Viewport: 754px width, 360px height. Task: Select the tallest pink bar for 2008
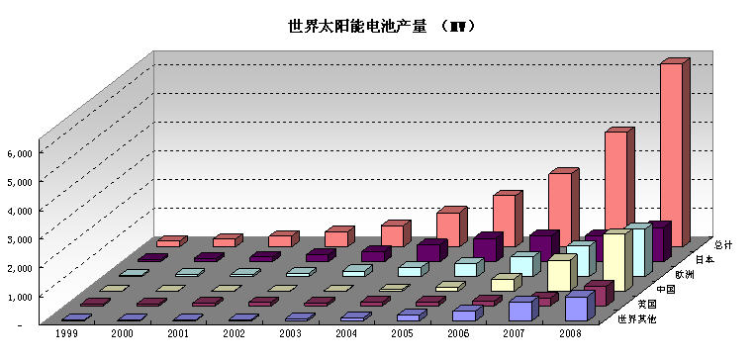point(670,148)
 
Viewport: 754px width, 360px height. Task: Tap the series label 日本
point(705,258)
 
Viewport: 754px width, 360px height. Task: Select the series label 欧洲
point(686,273)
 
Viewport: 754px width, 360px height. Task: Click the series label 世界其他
point(636,318)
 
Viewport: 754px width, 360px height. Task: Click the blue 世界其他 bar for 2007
point(520,310)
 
